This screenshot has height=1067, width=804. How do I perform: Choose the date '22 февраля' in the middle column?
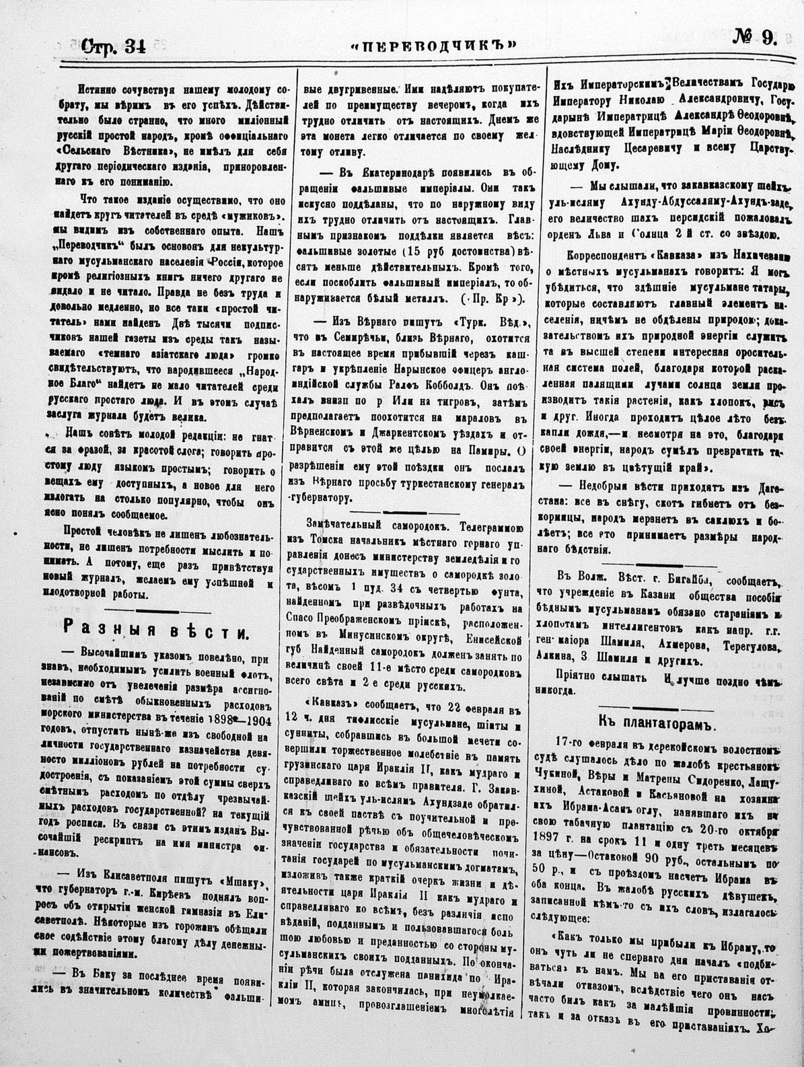[470, 706]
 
